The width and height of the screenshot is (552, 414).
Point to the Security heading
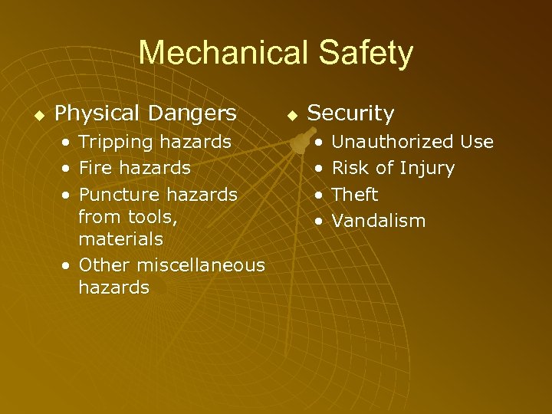pyautogui.click(x=350, y=114)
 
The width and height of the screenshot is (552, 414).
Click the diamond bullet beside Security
pyautogui.click(x=291, y=116)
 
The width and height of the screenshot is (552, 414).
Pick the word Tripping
pyautogui.click(x=116, y=142)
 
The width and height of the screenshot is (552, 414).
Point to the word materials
pyautogui.click(x=120, y=239)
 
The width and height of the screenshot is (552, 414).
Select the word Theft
pyautogui.click(x=355, y=195)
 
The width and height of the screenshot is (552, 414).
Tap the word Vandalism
pyautogui.click(x=379, y=221)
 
